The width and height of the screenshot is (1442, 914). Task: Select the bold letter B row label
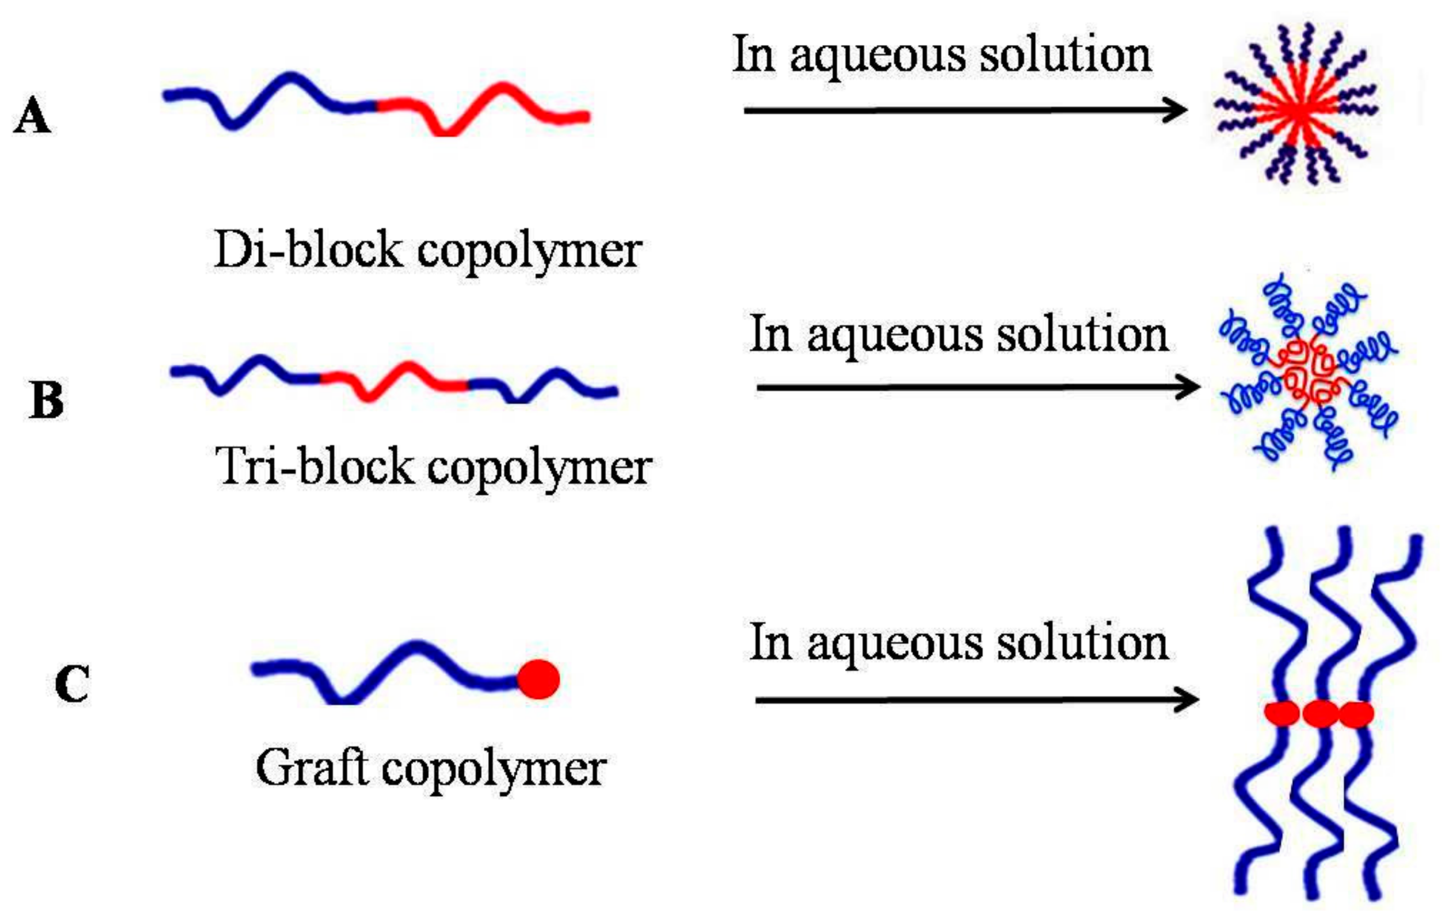[x=47, y=400]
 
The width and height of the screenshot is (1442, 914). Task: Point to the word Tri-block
[x=314, y=467]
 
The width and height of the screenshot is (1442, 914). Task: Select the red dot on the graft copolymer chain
[x=539, y=679]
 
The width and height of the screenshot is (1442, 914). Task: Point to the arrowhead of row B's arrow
[x=1187, y=387]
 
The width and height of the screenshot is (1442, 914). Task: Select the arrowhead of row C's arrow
[x=1186, y=700]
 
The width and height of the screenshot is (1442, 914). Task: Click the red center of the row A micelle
[x=1298, y=110]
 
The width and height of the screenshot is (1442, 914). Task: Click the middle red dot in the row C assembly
[x=1320, y=713]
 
